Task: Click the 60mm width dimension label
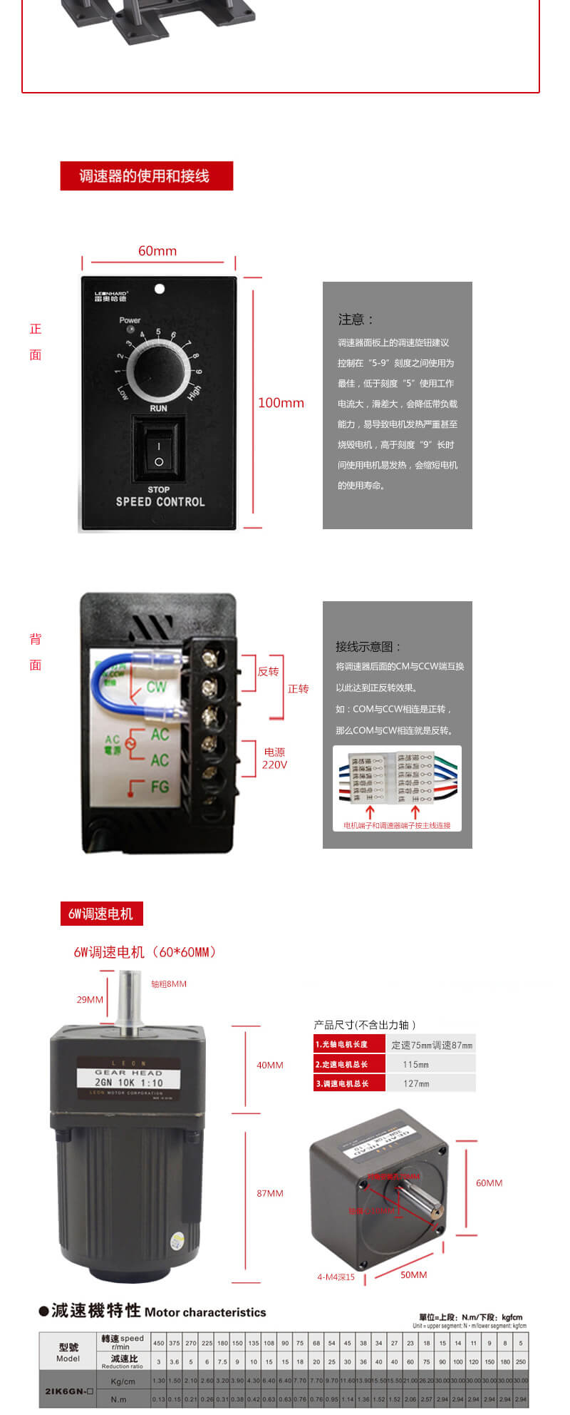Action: [x=157, y=251]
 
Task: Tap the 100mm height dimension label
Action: [x=281, y=403]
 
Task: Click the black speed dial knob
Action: [x=158, y=369]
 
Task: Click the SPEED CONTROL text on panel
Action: [x=160, y=501]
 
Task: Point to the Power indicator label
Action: [x=130, y=320]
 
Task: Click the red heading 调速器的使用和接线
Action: [x=146, y=176]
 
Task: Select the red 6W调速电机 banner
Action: [x=101, y=914]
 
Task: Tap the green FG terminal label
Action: [x=160, y=787]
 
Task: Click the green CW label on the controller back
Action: [x=156, y=687]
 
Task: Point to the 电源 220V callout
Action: [x=274, y=758]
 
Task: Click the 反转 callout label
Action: [x=268, y=672]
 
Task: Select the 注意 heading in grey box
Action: [x=356, y=320]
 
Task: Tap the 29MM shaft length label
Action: [x=90, y=999]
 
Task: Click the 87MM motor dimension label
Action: [x=270, y=1193]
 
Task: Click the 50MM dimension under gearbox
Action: [x=413, y=1274]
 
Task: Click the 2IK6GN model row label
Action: [x=68, y=1391]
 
